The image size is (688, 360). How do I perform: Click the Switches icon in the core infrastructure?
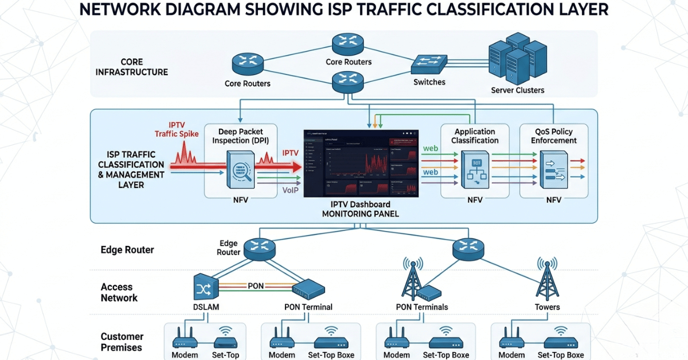click(x=429, y=64)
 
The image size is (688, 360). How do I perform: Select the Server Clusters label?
click(x=518, y=90)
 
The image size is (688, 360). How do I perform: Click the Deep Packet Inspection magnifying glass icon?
click(x=240, y=170)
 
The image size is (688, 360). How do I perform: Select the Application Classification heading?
click(x=475, y=136)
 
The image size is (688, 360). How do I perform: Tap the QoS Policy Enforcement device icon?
click(x=553, y=170)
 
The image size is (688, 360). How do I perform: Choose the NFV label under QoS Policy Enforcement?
click(x=553, y=200)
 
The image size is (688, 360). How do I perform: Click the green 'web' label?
click(x=430, y=148)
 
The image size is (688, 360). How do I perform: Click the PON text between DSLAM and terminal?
click(x=255, y=285)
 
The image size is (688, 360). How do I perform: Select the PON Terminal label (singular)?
click(x=308, y=307)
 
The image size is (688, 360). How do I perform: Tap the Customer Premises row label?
click(x=122, y=342)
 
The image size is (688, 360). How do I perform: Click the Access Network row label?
click(x=119, y=292)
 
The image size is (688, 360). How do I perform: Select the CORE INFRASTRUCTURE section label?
click(x=132, y=66)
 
